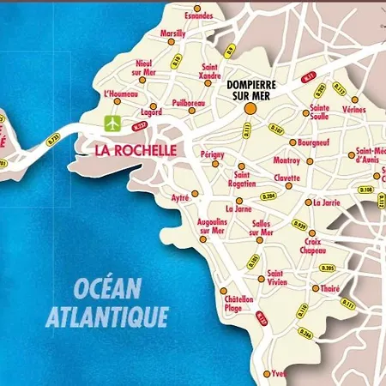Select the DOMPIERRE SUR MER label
(x=254, y=91)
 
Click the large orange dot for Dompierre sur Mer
(x=250, y=110)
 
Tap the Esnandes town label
(x=197, y=15)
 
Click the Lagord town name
(x=152, y=112)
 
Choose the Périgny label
(x=212, y=154)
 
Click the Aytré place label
(x=180, y=197)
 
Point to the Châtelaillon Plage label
(x=238, y=304)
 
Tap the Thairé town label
(x=329, y=289)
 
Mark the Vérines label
(x=353, y=109)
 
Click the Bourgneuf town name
(x=314, y=142)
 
